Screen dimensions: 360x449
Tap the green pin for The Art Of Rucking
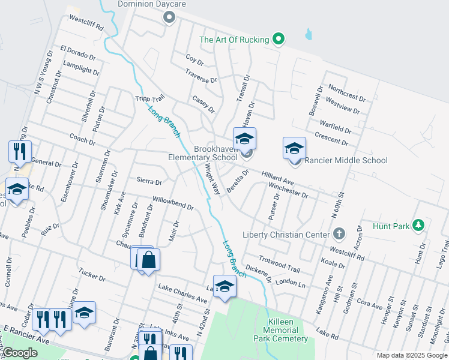[278, 40]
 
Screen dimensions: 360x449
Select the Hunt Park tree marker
[419, 226]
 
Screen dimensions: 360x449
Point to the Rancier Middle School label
[346, 160]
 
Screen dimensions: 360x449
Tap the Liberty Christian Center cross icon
[339, 234]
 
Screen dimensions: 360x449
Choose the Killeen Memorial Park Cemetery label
[281, 331]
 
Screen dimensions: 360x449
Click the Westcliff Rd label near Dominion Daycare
[86, 23]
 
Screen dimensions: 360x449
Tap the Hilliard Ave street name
[277, 177]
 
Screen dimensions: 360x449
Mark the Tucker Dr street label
[92, 275]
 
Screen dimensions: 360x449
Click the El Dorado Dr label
[78, 53]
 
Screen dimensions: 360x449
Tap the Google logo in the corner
[20, 353]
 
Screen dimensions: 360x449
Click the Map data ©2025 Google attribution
[411, 355]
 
